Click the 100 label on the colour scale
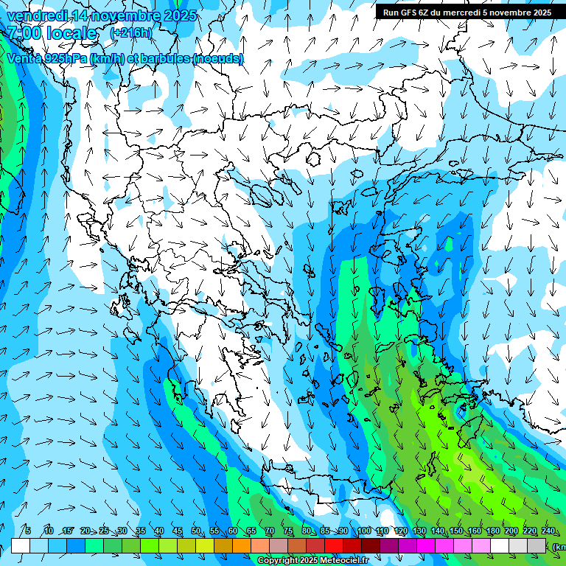click(x=363, y=531)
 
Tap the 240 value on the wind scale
click(x=548, y=531)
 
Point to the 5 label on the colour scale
click(x=27, y=531)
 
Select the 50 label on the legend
click(x=196, y=531)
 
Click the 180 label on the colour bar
click(x=492, y=531)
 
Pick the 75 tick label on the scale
click(x=288, y=531)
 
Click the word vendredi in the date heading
click(x=36, y=15)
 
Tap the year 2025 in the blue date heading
click(x=179, y=15)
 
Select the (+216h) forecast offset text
click(x=131, y=33)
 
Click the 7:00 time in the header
click(x=24, y=33)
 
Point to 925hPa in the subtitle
click(x=66, y=58)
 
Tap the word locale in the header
click(x=71, y=33)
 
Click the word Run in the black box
click(x=391, y=13)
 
